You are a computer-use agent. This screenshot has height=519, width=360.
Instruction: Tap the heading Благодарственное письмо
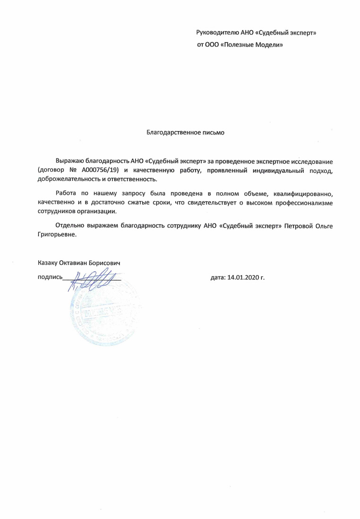tap(185, 133)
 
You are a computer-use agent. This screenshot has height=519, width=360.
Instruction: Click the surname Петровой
tap(299, 226)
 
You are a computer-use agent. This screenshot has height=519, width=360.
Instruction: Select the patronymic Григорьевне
tap(56, 235)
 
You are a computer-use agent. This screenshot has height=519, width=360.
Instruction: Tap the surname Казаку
tap(47, 262)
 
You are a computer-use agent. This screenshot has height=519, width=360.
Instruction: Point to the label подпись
tap(49, 277)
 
